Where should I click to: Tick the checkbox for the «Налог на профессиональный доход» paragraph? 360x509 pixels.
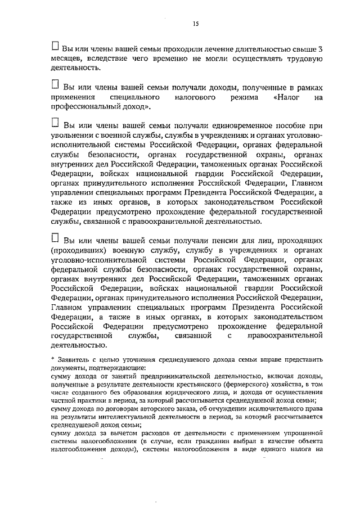(55, 84)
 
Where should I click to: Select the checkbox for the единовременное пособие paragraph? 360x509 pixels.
(55, 123)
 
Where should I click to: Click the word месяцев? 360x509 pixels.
(67, 58)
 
